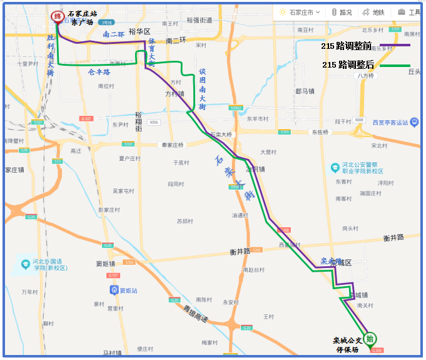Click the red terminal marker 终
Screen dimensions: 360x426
click(x=57, y=17)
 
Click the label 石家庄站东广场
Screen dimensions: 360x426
click(x=83, y=18)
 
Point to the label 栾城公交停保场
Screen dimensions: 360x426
click(x=347, y=345)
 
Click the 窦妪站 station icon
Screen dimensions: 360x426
click(x=114, y=290)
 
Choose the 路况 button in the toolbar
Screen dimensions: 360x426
click(x=342, y=12)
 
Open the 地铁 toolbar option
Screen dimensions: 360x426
click(x=374, y=12)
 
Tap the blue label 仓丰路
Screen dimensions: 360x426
click(x=99, y=72)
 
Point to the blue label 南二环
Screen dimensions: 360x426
click(x=113, y=35)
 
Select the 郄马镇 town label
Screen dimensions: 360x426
click(x=305, y=91)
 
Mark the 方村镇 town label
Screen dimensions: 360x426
click(x=175, y=94)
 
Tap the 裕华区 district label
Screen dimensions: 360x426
click(x=139, y=31)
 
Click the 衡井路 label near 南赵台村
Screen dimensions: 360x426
click(x=240, y=252)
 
